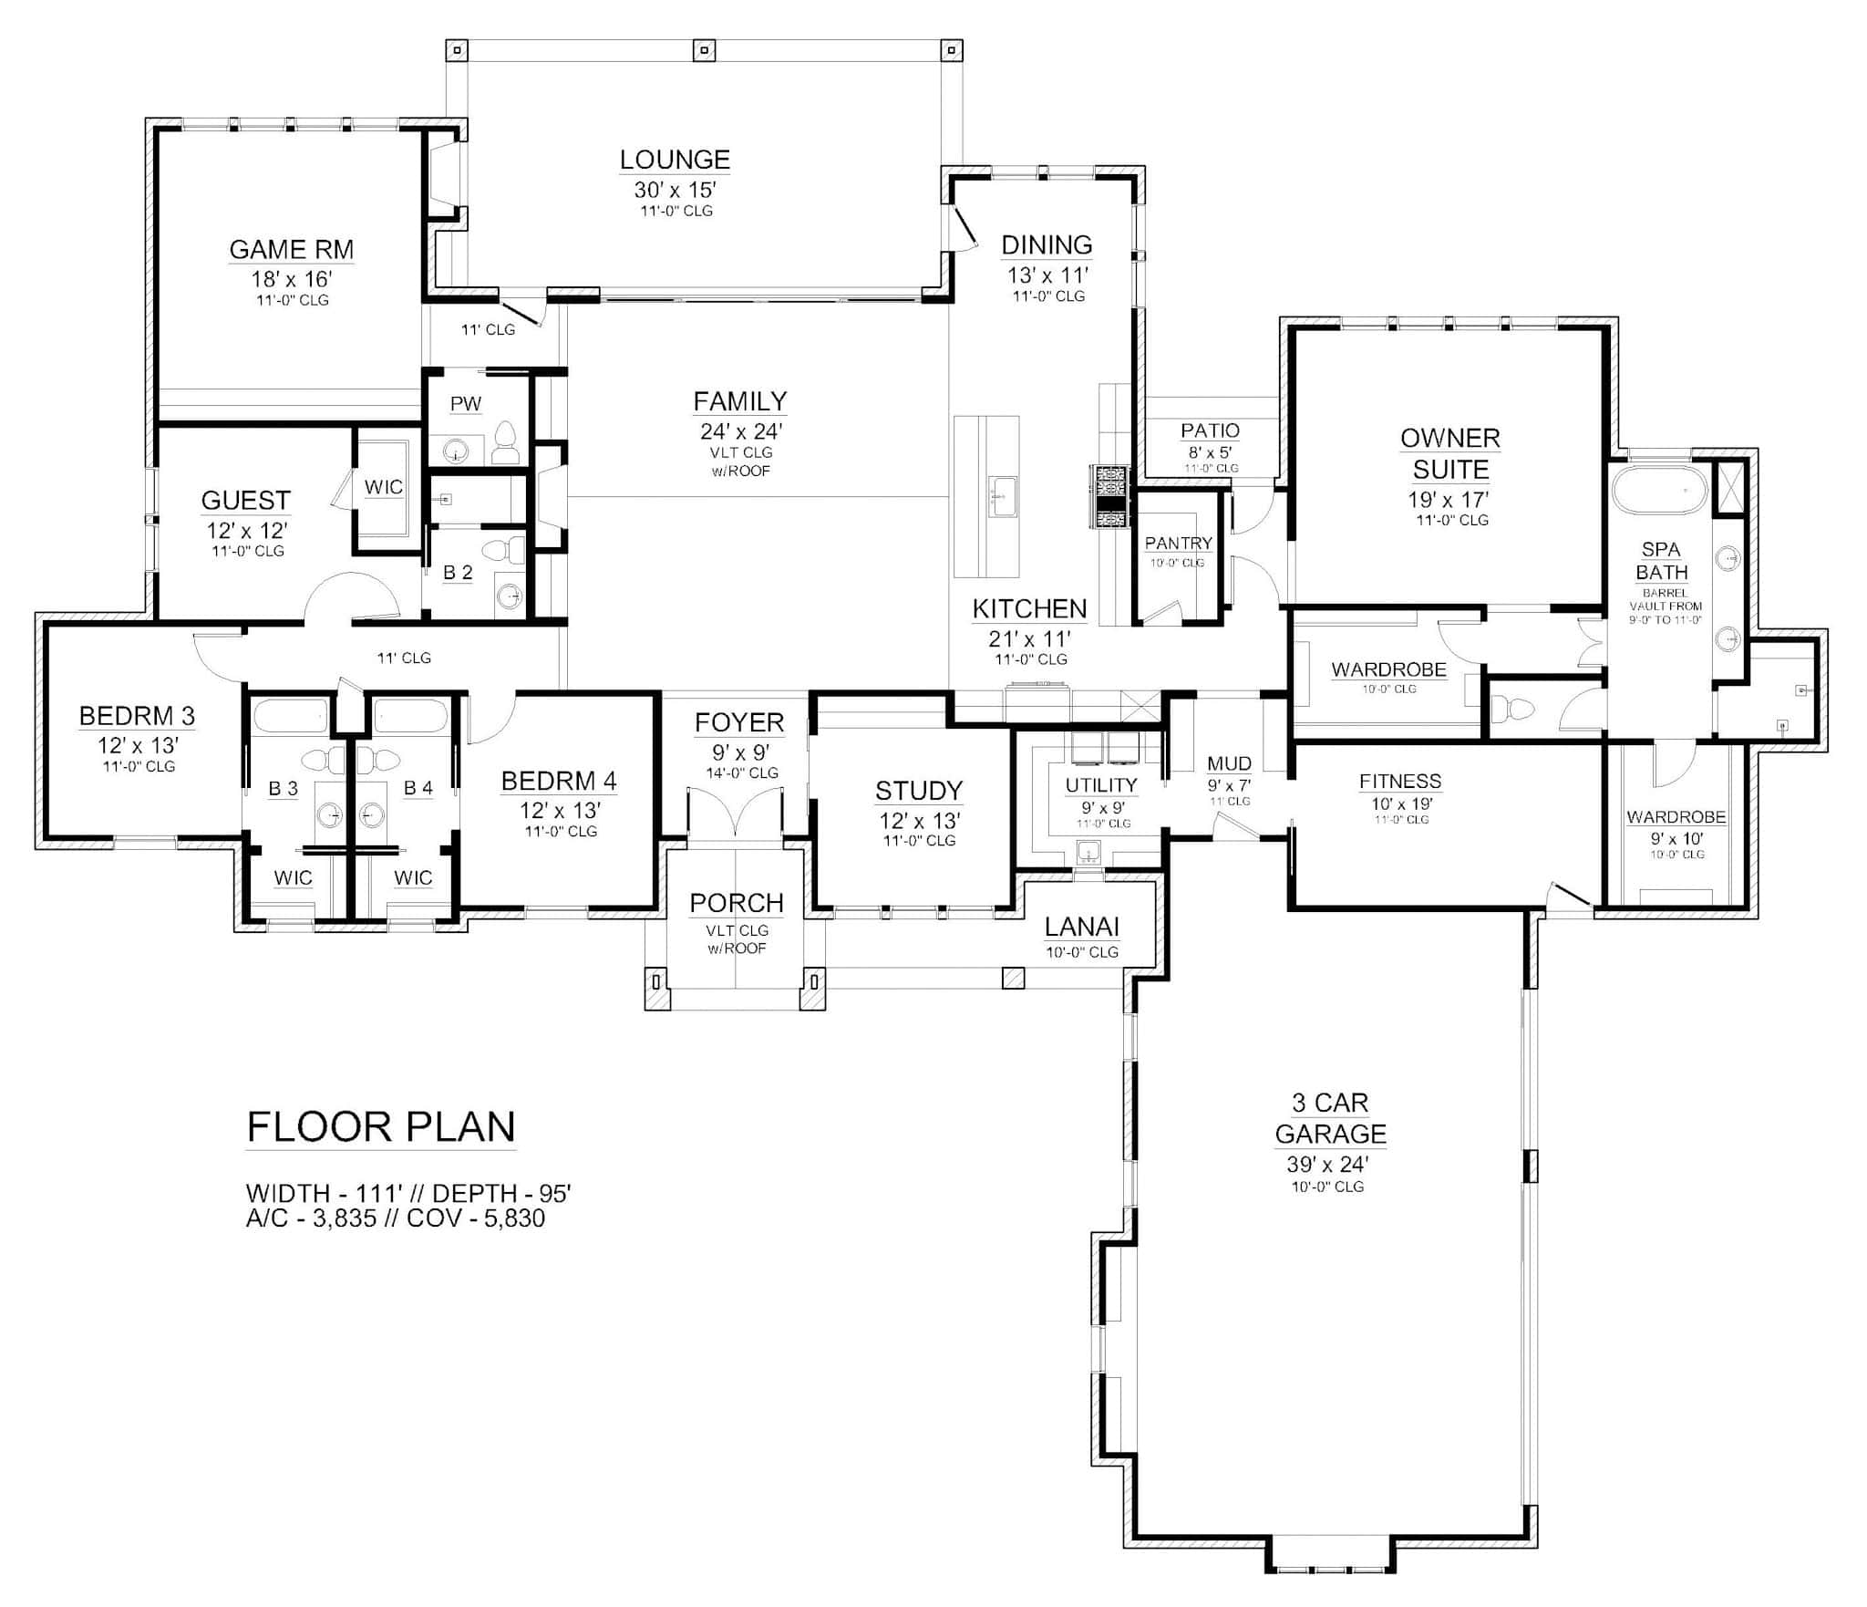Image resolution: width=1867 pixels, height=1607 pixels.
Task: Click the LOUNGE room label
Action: (675, 160)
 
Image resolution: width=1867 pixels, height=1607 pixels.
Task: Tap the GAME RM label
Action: (291, 249)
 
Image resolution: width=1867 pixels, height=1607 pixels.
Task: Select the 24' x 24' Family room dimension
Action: (741, 431)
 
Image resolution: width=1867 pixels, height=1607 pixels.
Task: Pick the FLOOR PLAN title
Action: (381, 1126)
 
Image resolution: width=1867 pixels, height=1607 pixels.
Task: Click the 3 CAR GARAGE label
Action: (1330, 1118)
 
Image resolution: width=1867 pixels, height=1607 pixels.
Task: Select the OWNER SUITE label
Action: (1450, 453)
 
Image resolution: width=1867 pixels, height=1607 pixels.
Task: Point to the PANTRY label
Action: (1179, 544)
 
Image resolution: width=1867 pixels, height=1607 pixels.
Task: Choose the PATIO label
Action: (1211, 430)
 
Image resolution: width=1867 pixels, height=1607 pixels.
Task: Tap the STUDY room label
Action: (919, 791)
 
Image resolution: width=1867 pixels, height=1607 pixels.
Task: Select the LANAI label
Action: (1082, 928)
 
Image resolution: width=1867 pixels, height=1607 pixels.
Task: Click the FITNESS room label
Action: (1400, 782)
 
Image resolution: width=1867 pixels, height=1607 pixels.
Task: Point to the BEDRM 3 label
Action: (137, 716)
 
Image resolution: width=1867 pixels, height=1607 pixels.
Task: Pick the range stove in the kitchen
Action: (1109, 497)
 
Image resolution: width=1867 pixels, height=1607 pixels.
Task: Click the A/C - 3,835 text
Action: (311, 1218)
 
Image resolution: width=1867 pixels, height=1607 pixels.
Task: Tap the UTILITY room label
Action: (1101, 785)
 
